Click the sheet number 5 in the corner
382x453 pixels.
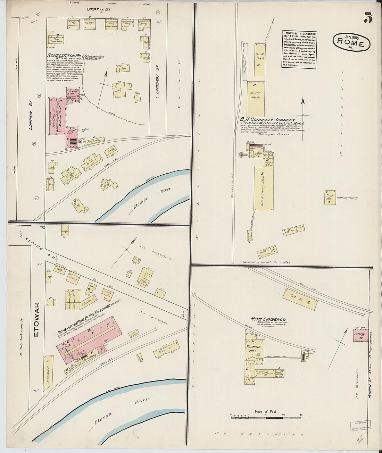point(368,18)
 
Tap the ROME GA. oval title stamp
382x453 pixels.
point(351,42)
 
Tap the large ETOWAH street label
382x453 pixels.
point(37,319)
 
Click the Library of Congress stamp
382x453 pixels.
point(360,426)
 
